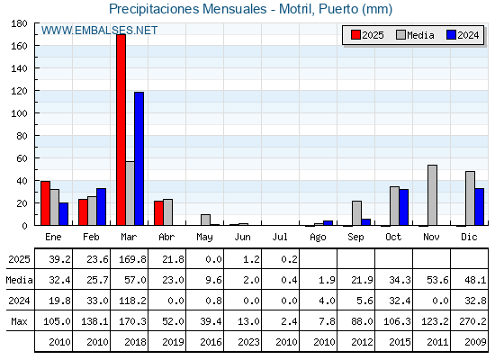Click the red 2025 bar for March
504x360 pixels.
pos(121,130)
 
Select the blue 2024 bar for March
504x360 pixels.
pos(139,158)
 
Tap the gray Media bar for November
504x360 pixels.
pos(432,195)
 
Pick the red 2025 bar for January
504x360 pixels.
pos(45,203)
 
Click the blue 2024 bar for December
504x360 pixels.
pos(479,207)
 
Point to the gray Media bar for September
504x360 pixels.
pos(356,213)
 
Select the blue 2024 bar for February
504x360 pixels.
pos(101,207)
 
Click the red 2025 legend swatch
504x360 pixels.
pos(355,35)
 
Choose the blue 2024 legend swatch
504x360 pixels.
pos(451,35)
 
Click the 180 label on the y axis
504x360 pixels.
pos(19,23)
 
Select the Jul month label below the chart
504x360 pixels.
pos(280,238)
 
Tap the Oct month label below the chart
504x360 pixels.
pos(393,238)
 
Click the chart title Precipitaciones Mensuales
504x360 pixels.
pos(188,9)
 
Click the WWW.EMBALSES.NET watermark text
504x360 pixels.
pos(99,31)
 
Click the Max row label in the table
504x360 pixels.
pos(19,321)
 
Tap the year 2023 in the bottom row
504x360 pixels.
pos(248,342)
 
